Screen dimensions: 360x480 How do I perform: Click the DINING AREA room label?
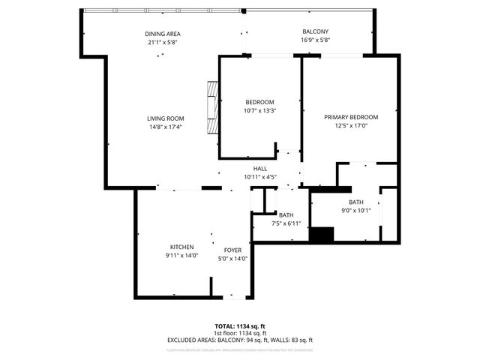click(x=163, y=34)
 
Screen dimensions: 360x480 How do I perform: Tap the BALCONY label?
click(x=315, y=31)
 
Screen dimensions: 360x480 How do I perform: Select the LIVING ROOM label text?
click(x=165, y=118)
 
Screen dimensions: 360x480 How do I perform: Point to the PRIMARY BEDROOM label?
click(x=350, y=118)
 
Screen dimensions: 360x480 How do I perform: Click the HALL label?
click(x=260, y=169)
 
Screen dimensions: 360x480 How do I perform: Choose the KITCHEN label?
click(x=181, y=247)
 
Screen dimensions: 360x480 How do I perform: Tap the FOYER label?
click(x=233, y=250)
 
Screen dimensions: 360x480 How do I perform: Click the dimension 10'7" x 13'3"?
click(x=260, y=111)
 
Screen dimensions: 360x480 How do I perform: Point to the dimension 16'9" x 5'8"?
click(x=315, y=40)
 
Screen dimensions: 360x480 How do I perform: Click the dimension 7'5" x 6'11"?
click(x=286, y=223)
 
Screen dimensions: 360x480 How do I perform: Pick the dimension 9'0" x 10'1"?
click(x=355, y=210)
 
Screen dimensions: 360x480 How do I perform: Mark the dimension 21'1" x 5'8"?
click(x=163, y=43)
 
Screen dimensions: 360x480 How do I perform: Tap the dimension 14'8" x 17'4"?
click(x=165, y=127)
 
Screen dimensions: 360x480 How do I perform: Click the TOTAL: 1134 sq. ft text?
click(x=239, y=327)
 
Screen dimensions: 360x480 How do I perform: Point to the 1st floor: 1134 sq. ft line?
click(x=239, y=333)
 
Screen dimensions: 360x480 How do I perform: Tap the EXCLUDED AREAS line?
click(x=239, y=340)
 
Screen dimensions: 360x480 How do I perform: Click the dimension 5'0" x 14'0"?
click(x=233, y=259)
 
